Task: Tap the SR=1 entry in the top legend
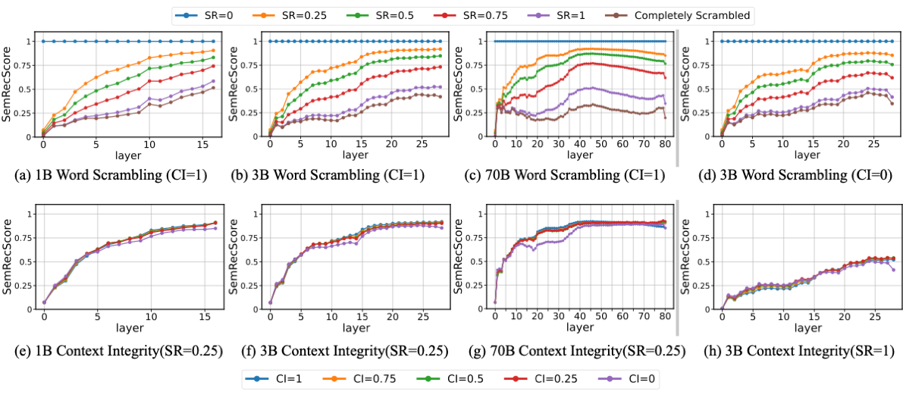click(567, 15)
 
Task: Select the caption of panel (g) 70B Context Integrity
click(568, 351)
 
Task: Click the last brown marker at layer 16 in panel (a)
click(214, 88)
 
